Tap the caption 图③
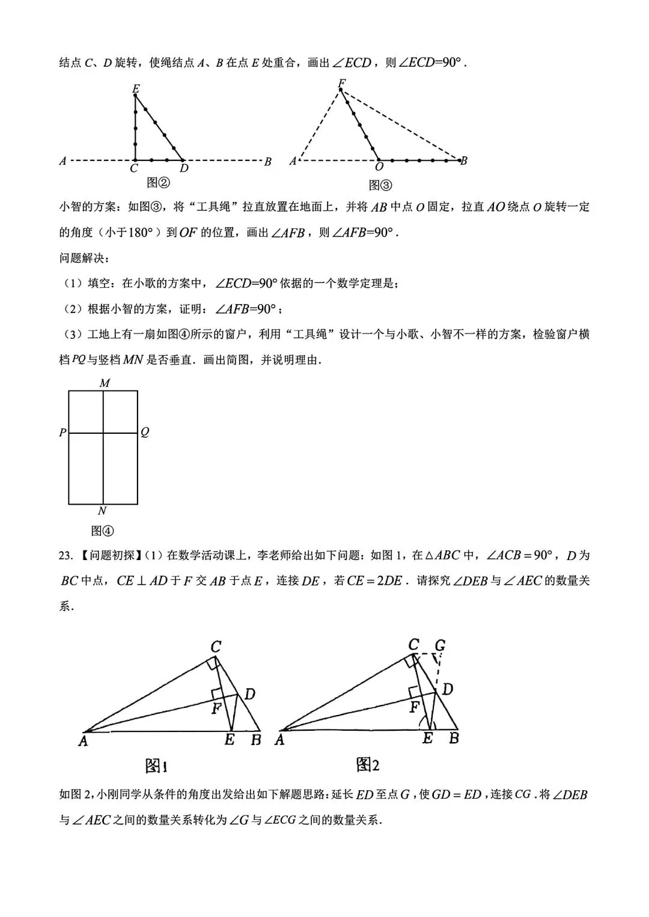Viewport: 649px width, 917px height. [x=380, y=184]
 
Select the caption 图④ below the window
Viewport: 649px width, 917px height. [x=102, y=531]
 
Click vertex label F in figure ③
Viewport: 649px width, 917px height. [x=341, y=83]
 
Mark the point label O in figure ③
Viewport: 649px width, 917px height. [x=379, y=168]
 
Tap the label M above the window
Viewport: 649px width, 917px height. [x=104, y=383]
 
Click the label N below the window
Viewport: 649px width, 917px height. [x=102, y=511]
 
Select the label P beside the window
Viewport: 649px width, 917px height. [x=62, y=433]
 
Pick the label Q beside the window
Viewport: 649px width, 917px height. [x=145, y=433]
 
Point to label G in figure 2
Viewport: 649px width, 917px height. [x=440, y=646]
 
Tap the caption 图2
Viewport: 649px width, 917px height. [x=368, y=764]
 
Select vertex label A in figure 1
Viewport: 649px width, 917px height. [x=83, y=742]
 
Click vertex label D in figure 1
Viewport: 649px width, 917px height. [x=250, y=695]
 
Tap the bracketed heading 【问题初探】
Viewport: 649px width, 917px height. [x=109, y=555]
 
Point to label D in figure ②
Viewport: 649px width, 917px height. [x=184, y=169]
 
